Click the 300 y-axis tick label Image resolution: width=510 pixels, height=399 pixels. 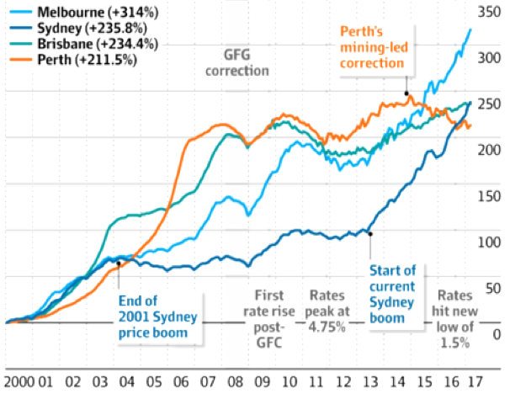click(x=488, y=60)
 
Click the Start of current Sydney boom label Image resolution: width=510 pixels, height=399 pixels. click(x=393, y=294)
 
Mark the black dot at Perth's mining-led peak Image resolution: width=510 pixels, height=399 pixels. click(x=406, y=93)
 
